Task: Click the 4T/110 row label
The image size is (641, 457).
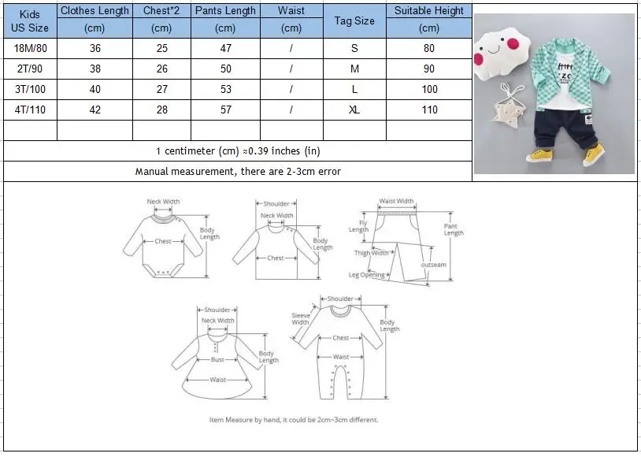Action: (x=29, y=110)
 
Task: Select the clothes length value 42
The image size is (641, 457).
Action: (x=94, y=110)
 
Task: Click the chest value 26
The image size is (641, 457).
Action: (x=161, y=69)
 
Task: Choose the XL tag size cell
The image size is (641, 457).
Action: (x=354, y=110)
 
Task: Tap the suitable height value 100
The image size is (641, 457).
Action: (x=429, y=90)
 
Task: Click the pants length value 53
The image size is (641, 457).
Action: (x=225, y=90)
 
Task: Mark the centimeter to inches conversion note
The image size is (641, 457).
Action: (x=238, y=150)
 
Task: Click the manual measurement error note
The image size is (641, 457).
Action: (x=238, y=171)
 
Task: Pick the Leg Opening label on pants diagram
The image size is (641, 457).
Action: (x=367, y=275)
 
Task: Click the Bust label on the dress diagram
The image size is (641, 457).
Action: (x=217, y=360)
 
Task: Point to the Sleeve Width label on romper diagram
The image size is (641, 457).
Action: (x=300, y=318)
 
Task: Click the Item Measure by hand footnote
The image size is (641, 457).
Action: (x=294, y=420)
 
